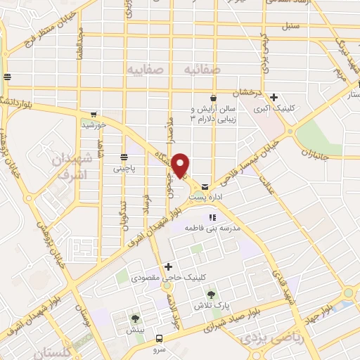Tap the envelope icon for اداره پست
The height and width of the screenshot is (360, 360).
tap(204, 187)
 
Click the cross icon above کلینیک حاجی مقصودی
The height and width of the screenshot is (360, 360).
tap(167, 267)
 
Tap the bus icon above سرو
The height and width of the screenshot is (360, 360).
tap(159, 338)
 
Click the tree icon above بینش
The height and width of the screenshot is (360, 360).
tap(134, 319)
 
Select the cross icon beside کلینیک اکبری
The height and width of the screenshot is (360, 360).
tap(274, 98)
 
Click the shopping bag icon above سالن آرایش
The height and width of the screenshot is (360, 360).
tap(213, 98)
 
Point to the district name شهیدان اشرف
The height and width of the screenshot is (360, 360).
tap(69, 166)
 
